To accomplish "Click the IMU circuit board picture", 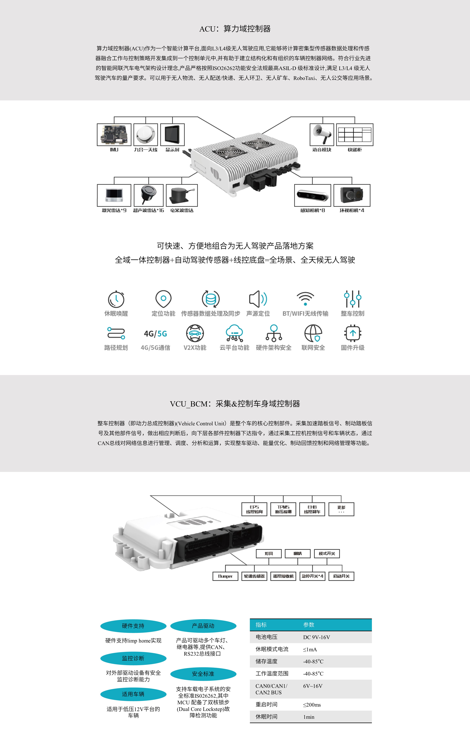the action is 114,135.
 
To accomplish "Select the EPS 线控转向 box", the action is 254,509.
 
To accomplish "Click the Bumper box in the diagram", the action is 225,576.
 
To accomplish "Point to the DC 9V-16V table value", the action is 316,637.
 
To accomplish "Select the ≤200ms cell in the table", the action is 312,705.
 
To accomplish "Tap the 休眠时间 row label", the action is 266,717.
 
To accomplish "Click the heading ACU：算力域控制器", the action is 235,29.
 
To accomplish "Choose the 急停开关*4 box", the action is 312,576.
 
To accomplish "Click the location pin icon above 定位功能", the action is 164,299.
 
